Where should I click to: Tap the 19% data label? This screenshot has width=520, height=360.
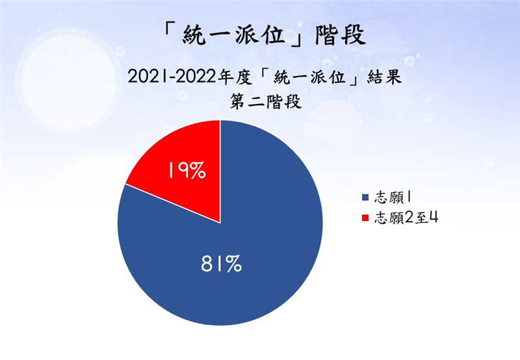[x=187, y=171]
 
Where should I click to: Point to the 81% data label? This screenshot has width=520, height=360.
[x=221, y=264]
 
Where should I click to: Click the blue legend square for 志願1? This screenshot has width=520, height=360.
[x=365, y=198]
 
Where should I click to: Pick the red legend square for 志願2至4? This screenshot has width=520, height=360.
[x=365, y=218]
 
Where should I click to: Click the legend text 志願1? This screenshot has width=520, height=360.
[x=393, y=198]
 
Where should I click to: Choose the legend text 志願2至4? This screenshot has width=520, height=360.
[x=406, y=218]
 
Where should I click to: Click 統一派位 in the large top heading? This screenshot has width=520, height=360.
[x=233, y=34]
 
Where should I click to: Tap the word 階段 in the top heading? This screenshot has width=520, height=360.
[x=341, y=34]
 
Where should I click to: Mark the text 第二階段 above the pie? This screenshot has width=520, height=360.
[x=266, y=102]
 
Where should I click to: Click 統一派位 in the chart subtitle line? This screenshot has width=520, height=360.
[x=310, y=77]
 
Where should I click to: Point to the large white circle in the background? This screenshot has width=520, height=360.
[x=69, y=82]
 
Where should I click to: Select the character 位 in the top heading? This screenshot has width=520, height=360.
[x=273, y=34]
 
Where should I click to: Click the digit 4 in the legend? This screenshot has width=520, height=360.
[x=434, y=218]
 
